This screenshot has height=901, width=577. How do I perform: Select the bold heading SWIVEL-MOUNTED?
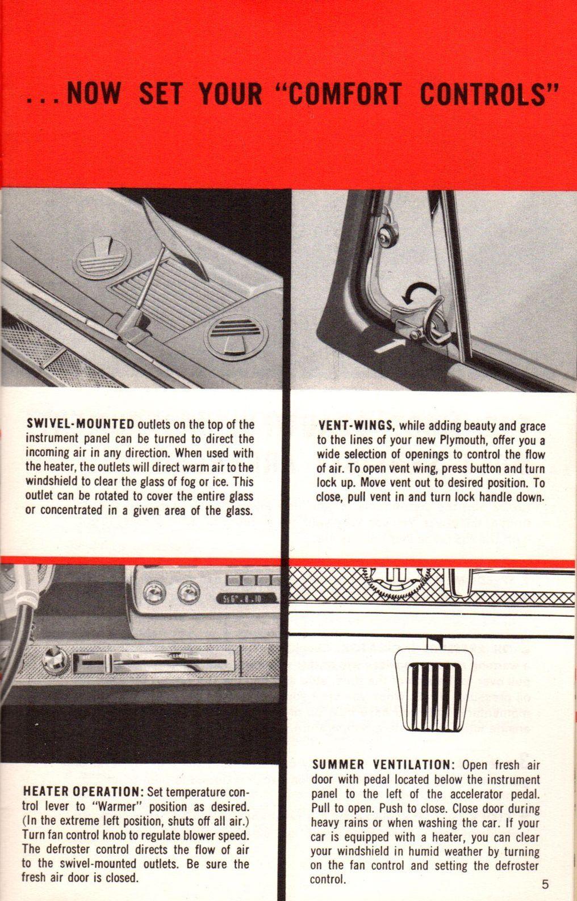coord(80,424)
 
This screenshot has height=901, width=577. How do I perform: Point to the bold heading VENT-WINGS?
coord(356,425)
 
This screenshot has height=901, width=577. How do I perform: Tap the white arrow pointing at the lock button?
coord(388,345)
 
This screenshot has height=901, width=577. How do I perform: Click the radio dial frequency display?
coord(246,599)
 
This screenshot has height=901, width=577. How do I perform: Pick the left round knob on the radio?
coord(154,593)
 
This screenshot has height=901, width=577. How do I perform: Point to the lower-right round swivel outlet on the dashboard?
coord(236,337)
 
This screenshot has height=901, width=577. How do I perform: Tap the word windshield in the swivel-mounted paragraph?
coord(50,481)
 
